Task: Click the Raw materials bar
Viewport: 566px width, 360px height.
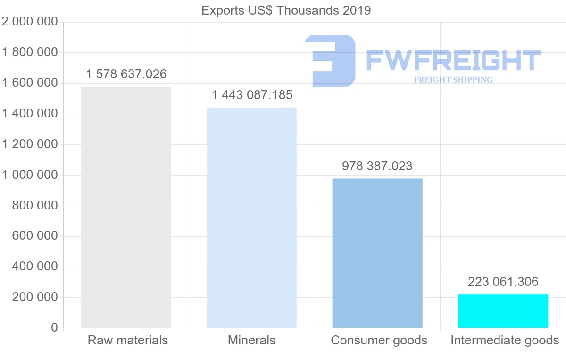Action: click(x=126, y=208)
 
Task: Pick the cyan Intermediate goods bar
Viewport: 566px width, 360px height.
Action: click(x=503, y=311)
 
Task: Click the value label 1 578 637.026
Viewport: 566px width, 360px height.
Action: click(x=126, y=74)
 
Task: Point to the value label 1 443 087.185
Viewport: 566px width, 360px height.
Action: click(x=252, y=95)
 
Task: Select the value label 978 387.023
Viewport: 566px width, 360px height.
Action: click(x=377, y=166)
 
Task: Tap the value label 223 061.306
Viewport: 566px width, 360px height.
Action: click(x=503, y=282)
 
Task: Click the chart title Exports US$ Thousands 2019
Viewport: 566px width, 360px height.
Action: click(x=286, y=10)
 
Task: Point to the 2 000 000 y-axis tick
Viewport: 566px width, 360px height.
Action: click(x=30, y=22)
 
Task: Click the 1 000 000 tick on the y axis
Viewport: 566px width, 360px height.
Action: click(x=30, y=175)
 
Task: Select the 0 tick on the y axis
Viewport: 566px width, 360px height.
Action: click(x=54, y=328)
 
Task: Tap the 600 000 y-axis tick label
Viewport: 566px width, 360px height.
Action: click(x=34, y=236)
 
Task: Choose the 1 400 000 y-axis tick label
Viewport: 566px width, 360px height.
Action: click(x=30, y=114)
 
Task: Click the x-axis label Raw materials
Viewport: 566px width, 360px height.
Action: click(x=128, y=340)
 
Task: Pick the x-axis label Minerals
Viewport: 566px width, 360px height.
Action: click(x=252, y=340)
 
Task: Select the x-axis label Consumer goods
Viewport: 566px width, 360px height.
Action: click(x=379, y=340)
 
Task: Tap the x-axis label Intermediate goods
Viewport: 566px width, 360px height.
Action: click(x=505, y=340)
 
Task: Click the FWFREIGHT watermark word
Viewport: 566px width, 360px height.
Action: click(x=453, y=60)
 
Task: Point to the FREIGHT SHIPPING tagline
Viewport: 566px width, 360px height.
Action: click(x=453, y=80)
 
